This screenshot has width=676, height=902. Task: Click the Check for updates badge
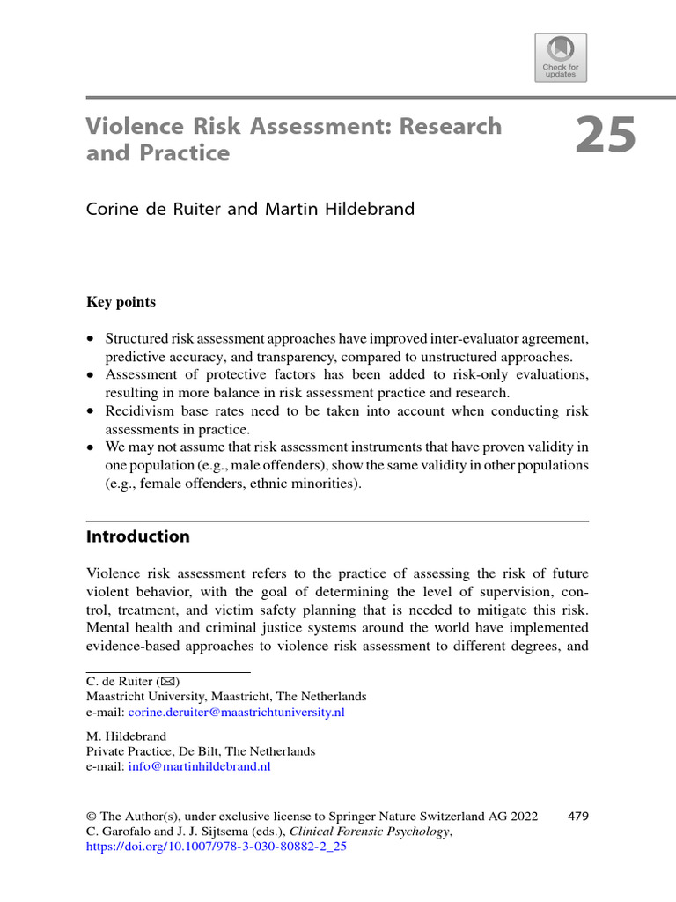[560, 57]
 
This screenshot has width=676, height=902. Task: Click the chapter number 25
[606, 138]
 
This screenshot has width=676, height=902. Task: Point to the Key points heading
[121, 302]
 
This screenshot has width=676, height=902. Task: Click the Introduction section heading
[137, 536]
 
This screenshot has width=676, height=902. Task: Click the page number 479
[578, 817]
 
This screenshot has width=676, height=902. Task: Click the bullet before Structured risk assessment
[91, 339]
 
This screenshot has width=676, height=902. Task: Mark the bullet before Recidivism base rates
[91, 412]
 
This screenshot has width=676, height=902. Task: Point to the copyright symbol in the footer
[91, 817]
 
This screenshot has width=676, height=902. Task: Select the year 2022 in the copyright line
[523, 817]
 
